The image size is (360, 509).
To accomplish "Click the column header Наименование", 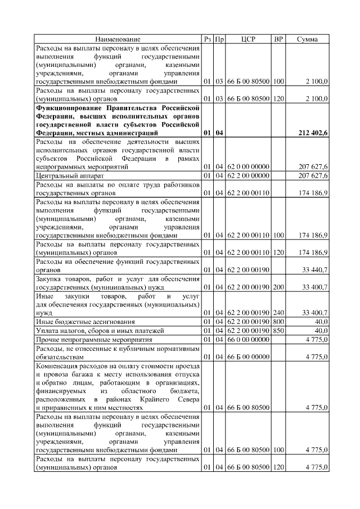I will (x=118, y=39).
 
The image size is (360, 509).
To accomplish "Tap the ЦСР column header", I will (x=248, y=39).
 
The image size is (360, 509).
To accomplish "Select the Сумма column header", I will (x=307, y=39).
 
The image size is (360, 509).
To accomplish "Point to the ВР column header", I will (x=278, y=39).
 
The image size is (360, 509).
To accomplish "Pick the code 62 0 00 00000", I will (x=248, y=167).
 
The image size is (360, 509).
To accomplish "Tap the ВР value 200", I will (x=278, y=287).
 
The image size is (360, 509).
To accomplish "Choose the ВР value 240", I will (x=278, y=313).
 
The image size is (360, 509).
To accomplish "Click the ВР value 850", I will (x=278, y=330).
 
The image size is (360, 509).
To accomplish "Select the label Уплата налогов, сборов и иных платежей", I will (x=100, y=330).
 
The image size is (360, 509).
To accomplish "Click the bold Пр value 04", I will (x=219, y=133).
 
